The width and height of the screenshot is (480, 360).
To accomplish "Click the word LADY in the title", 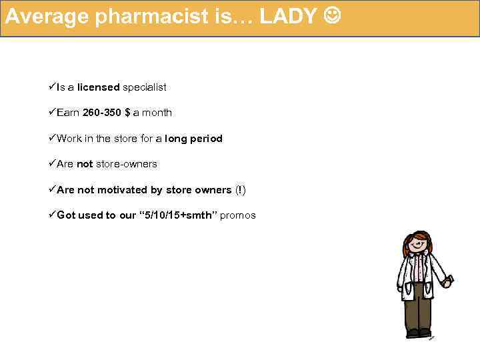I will [288, 17].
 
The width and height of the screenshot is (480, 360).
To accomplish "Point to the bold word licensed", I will [98, 87].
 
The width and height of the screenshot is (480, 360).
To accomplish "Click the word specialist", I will [145, 87].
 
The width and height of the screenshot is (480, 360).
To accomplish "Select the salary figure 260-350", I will [102, 113].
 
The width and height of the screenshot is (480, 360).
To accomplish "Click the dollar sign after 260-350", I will [127, 113].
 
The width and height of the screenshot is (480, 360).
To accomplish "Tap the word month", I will [157, 113].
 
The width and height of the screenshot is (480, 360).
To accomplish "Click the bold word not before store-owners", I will [85, 164].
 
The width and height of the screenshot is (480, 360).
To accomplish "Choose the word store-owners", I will [127, 164].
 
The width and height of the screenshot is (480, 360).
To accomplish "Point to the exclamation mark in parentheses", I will [240, 190].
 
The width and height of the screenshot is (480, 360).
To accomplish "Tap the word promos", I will [237, 215].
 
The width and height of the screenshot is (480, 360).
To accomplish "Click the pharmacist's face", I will [417, 246].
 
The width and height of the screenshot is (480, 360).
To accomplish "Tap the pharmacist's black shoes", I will [419, 331].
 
